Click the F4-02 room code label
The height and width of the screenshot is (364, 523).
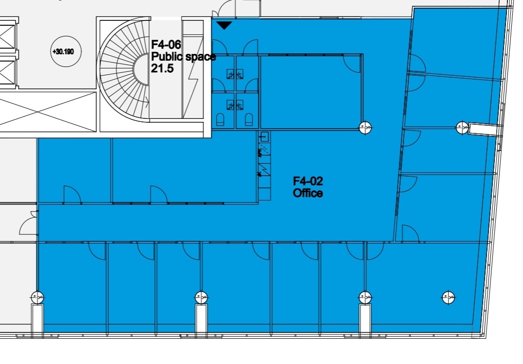point(308,182)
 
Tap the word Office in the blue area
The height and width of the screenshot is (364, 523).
point(308,193)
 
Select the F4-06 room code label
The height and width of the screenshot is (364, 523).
point(166,44)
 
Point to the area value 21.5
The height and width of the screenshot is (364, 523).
point(162,68)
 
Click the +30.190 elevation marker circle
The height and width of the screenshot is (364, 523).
point(66,51)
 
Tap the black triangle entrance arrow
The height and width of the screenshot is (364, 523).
point(224,25)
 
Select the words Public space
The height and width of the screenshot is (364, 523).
point(184,57)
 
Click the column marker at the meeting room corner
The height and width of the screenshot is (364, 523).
point(365,127)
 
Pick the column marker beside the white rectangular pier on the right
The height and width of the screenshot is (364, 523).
point(462,127)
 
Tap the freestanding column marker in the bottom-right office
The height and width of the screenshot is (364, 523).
point(448,298)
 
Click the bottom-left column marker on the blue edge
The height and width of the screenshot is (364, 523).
point(37,297)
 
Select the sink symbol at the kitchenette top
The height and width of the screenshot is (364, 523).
point(265,136)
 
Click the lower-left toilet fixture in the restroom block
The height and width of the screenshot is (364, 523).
point(220,120)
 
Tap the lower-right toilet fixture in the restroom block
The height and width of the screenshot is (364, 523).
point(249,120)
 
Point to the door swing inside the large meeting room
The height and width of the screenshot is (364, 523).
point(352,65)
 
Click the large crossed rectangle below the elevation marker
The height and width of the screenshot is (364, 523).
point(48,112)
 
